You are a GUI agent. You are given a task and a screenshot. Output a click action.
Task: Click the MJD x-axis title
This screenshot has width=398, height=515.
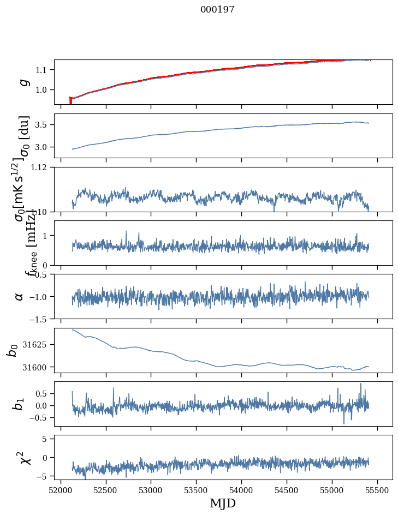[x=223, y=504]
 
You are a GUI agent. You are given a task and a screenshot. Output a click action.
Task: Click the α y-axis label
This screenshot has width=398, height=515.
[x=20, y=296]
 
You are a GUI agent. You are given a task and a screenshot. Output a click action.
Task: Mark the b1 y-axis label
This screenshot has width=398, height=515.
[x=19, y=404]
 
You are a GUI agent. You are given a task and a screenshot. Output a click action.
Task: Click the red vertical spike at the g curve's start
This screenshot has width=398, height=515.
[x=70, y=101]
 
